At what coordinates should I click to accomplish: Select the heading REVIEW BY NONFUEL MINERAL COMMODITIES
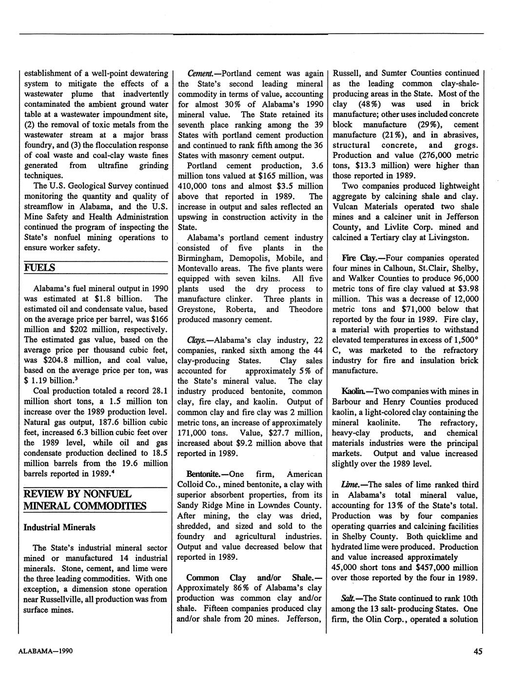tap(84, 499)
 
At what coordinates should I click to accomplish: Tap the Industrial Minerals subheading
tap(59, 527)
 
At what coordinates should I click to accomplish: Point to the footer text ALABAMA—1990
tap(46, 651)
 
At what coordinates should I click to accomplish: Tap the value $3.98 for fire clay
tap(468, 289)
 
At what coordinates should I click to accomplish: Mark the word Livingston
tap(448, 238)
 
